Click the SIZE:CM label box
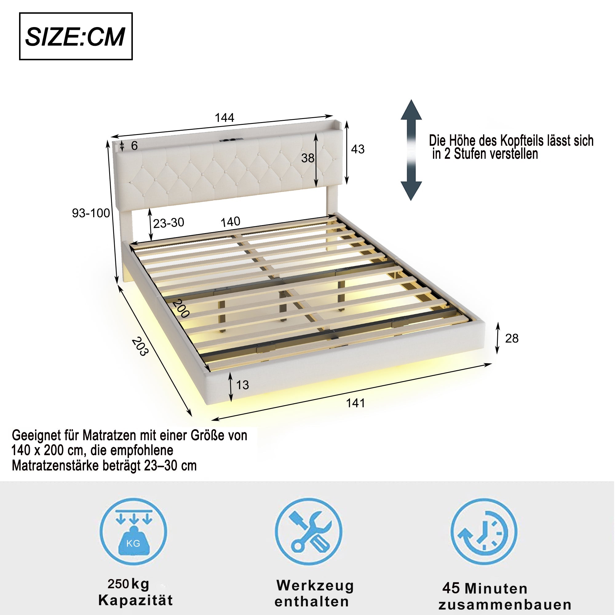tap(76, 36)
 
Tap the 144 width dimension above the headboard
tap(224, 118)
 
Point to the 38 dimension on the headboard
tap(307, 158)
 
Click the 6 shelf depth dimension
tap(134, 146)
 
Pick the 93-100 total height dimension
tap(91, 213)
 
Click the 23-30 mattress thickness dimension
tap(169, 223)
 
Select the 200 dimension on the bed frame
tap(181, 308)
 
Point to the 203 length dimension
tap(140, 347)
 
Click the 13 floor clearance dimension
tap(242, 385)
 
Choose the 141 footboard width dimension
tap(355, 403)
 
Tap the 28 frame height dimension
tap(512, 338)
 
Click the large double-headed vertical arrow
tap(411, 150)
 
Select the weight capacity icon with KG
tap(133, 532)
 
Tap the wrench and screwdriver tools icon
tap(308, 532)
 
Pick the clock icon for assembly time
tap(484, 532)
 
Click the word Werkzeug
tap(315, 586)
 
